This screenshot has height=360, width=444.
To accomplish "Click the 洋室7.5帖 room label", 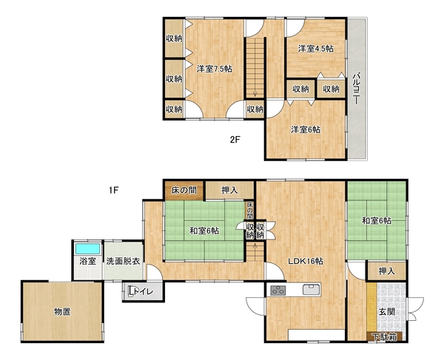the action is [215, 69].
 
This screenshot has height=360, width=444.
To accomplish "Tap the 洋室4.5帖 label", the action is [315, 49].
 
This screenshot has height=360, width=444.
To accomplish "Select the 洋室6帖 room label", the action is [306, 129].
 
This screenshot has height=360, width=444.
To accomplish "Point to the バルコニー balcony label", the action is [357, 89].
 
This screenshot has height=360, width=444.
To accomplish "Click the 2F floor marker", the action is [235, 140].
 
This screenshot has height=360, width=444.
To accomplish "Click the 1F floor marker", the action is [113, 190].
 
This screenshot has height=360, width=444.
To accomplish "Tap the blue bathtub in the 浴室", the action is [87, 249].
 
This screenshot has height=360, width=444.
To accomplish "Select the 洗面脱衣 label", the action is [123, 261].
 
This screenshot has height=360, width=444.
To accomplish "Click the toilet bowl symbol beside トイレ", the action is [131, 291].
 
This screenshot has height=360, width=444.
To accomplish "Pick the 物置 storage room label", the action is [62, 312].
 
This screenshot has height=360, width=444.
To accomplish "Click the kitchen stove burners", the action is [277, 291].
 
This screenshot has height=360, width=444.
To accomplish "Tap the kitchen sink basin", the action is [312, 290].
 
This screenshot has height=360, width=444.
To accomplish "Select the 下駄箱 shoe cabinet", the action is [384, 337].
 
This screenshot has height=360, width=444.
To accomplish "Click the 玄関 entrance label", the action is [387, 312].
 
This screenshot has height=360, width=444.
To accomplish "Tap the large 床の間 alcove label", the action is [184, 190].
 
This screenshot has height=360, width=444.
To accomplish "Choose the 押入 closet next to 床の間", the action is [229, 190].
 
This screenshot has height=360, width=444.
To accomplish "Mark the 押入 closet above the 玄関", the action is [387, 271].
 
